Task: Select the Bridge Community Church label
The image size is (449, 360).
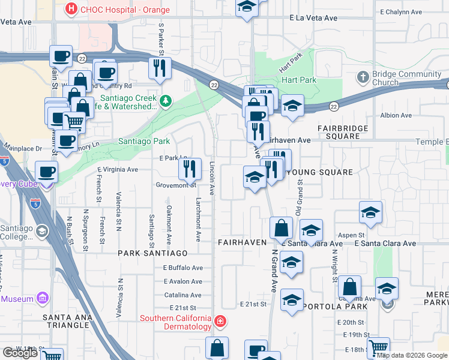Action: [x=398, y=78]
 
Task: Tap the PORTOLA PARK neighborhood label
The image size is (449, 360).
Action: [x=336, y=305]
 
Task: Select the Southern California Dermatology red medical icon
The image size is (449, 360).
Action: [x=220, y=322]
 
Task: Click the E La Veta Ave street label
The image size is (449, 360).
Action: [x=313, y=19]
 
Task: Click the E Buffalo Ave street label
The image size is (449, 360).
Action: [x=183, y=268]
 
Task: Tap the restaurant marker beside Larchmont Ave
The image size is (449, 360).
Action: [x=190, y=169]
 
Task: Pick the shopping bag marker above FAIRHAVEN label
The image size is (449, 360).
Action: [x=282, y=228]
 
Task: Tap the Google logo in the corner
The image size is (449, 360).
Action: [x=20, y=352]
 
